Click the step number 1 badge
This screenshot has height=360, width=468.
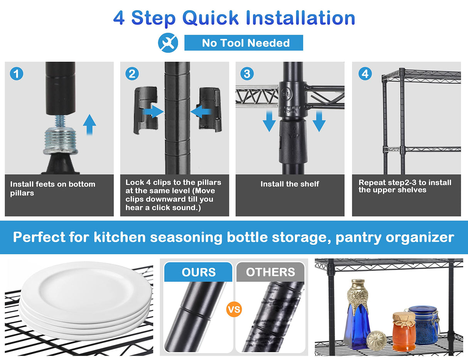coord(17,74)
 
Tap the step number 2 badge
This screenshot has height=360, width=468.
coord(132,74)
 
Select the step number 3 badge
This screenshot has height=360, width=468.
coord(247,74)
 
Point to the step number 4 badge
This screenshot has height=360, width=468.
coord(365,74)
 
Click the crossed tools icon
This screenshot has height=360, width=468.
coord(168,43)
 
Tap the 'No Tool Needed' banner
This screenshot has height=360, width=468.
coord(244,43)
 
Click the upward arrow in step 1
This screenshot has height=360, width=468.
coord(89,125)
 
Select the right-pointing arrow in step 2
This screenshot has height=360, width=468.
coord(153,111)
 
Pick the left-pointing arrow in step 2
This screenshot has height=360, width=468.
coord(201,111)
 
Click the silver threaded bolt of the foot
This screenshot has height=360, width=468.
coord(60,138)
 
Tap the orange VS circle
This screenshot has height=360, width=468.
coord(234,310)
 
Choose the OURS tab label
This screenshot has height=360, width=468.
coord(199,272)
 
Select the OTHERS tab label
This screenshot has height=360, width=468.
coord(270,272)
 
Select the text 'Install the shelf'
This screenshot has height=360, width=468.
coord(290,184)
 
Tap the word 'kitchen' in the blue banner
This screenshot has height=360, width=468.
coord(120,237)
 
